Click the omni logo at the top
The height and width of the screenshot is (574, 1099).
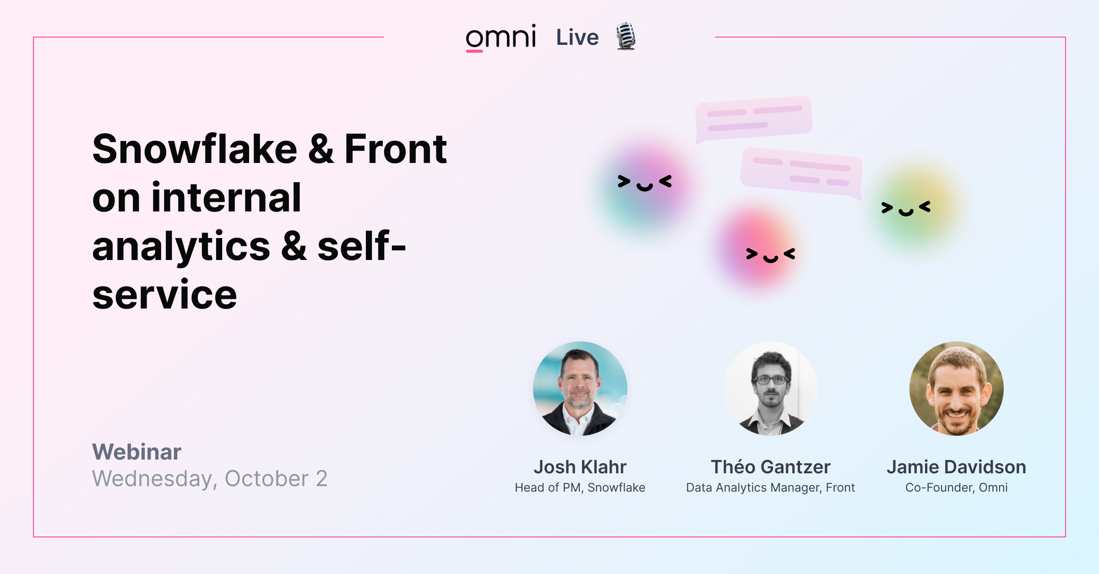point(501,38)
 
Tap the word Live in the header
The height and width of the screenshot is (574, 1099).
point(577,38)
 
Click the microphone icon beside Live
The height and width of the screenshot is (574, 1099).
point(626,36)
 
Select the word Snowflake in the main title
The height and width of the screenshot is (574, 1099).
point(195,149)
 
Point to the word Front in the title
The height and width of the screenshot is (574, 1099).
point(395,149)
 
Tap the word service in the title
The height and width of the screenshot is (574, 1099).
point(164,295)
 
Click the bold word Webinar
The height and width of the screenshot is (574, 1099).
point(136,452)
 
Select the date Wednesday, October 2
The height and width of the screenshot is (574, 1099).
point(210,479)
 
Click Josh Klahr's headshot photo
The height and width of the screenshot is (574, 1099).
point(580,388)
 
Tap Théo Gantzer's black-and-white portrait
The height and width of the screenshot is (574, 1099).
point(770,388)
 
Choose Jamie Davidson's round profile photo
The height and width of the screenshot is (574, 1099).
point(956,388)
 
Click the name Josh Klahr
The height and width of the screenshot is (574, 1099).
point(580,467)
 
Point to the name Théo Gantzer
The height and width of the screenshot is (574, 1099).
point(770,467)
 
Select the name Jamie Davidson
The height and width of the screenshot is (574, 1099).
point(956,467)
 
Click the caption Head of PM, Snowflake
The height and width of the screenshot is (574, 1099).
point(580,487)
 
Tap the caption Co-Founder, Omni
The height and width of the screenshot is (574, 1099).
point(956,487)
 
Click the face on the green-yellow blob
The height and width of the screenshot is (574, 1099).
point(906,208)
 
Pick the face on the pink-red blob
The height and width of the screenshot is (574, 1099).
point(770,255)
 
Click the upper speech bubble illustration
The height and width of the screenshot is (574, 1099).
point(753,117)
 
